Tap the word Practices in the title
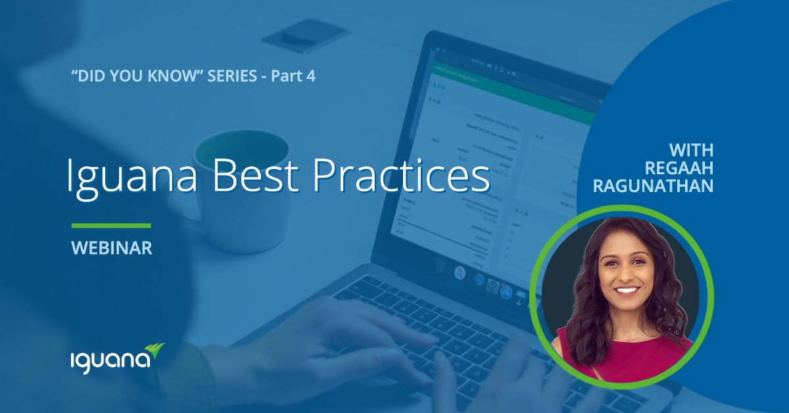[x=402, y=175]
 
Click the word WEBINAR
[x=112, y=248]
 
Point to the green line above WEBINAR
[x=111, y=226]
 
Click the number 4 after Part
[x=310, y=76]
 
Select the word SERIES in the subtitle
[x=232, y=76]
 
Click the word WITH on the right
[x=691, y=150]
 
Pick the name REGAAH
[x=679, y=168]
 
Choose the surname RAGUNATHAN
[x=653, y=186]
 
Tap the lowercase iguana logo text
[x=110, y=361]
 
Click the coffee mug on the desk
[x=233, y=190]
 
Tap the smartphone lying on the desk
[x=306, y=36]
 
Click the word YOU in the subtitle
[x=127, y=76]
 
